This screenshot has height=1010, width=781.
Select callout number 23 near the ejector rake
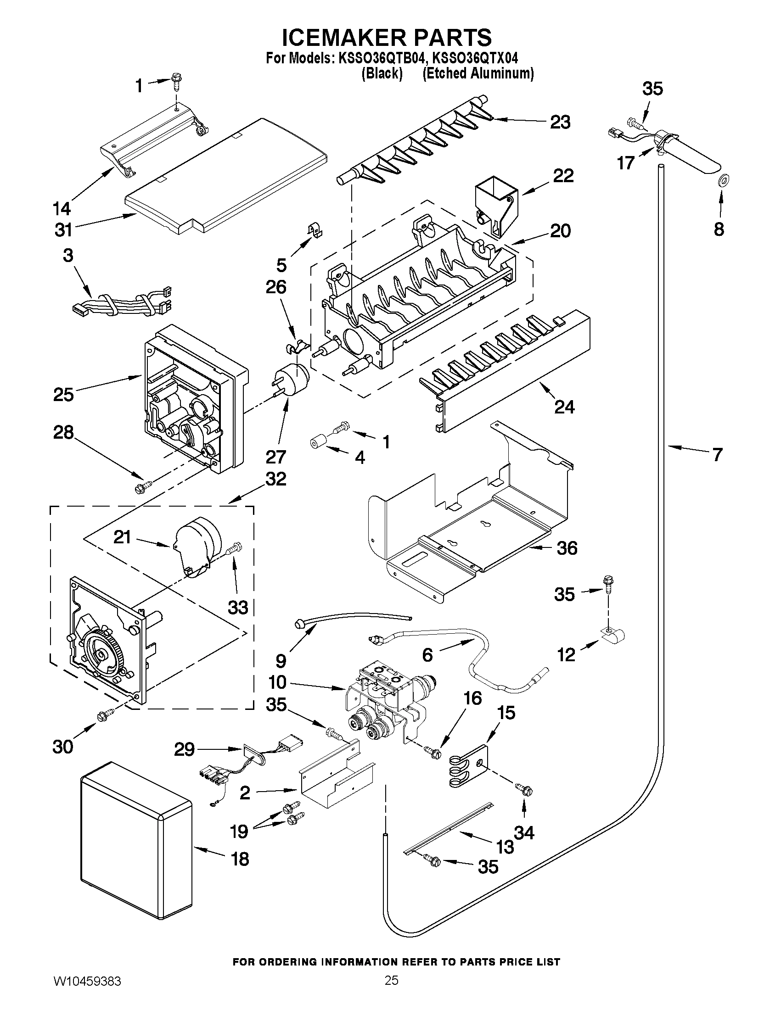tap(560, 122)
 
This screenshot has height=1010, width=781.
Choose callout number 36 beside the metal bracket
tap(567, 548)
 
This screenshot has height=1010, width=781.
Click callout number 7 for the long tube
tap(717, 455)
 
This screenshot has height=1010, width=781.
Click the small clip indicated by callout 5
tap(316, 230)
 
